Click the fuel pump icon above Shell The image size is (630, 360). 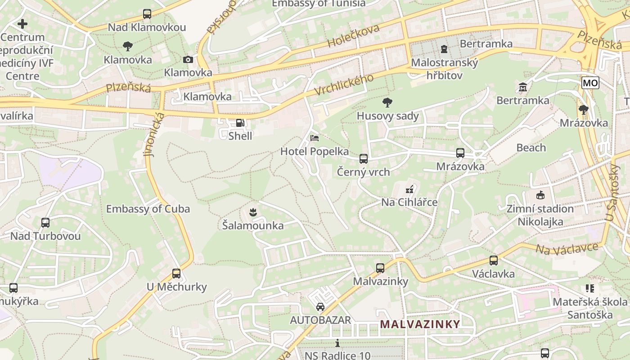(240, 123)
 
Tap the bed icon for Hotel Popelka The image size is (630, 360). (315, 138)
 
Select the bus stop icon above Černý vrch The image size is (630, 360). (364, 159)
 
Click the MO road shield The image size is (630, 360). (590, 83)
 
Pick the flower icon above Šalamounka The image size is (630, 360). (253, 211)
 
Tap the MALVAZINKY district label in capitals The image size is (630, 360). (420, 324)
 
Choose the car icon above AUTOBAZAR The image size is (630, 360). (320, 307)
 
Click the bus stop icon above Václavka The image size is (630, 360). (494, 261)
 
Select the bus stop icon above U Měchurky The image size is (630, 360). (176, 274)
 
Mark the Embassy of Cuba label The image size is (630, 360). (148, 209)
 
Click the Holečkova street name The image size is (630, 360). (354, 36)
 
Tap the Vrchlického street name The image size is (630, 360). (344, 85)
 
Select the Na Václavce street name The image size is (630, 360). (567, 248)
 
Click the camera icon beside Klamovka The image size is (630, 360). (188, 60)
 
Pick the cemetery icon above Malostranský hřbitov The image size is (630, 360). (444, 49)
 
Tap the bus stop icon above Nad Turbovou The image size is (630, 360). (45, 223)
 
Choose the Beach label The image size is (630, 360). (531, 148)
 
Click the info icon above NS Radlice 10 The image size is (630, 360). (337, 343)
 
